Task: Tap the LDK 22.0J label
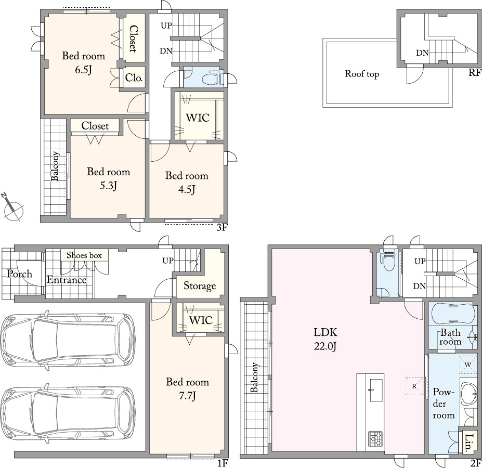325,339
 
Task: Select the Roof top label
362,74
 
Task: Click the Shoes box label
84,255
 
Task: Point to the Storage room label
200,286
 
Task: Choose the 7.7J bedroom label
188,388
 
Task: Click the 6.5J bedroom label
84,62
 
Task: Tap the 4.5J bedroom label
187,182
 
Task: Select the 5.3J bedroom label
109,178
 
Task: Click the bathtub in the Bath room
453,314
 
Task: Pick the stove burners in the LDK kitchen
375,439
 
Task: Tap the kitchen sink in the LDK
376,390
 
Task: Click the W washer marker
467,365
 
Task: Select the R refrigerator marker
414,386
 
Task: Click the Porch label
20,274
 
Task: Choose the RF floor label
475,73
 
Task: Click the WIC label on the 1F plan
201,320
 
